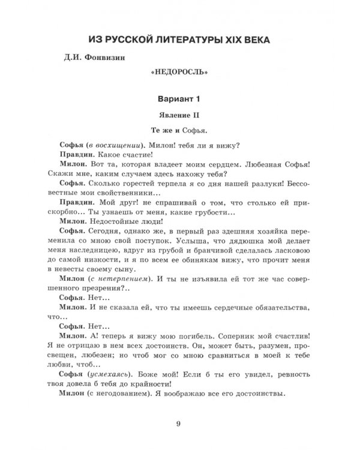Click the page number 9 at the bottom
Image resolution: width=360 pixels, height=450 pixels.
tap(179, 425)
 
